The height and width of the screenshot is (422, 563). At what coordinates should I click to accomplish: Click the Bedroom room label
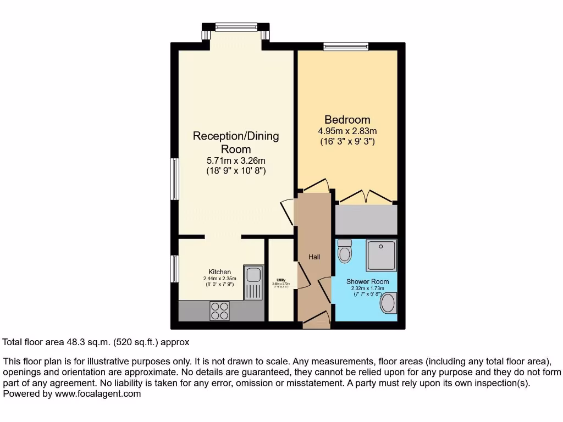(347, 120)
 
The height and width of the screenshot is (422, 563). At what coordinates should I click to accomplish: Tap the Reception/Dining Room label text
(236, 142)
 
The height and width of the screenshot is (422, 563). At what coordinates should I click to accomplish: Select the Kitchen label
(219, 272)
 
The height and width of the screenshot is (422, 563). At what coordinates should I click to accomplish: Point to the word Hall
(314, 257)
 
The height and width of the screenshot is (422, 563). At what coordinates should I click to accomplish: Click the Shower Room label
(367, 281)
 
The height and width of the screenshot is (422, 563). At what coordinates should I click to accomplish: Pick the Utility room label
(281, 279)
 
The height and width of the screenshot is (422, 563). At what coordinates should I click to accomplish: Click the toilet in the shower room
(345, 251)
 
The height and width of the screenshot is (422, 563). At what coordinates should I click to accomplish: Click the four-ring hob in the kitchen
(220, 311)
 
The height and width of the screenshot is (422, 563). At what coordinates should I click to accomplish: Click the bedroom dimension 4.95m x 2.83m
(347, 131)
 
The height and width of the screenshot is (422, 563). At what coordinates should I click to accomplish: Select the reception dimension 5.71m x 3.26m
(236, 161)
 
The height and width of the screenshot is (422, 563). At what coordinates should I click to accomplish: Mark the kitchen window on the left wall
(174, 269)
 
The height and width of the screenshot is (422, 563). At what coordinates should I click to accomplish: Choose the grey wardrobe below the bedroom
(366, 220)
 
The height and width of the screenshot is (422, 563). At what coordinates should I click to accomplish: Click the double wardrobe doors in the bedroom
(367, 196)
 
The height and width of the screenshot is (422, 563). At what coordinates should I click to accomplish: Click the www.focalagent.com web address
(96, 393)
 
